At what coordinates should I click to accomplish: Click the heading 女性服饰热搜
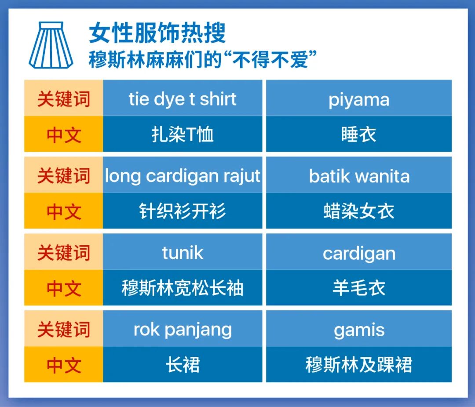[x=157, y=33]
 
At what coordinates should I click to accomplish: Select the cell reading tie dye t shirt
[x=183, y=99]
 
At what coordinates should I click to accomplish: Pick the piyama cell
[x=359, y=99]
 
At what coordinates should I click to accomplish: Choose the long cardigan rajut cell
[x=183, y=176]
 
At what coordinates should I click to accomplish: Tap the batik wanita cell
[x=359, y=176]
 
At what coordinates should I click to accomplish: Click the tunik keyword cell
[x=183, y=253]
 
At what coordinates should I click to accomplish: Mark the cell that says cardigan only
[x=359, y=253]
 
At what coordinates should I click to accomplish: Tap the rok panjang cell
[x=183, y=330]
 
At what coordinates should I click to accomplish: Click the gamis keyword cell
[x=359, y=330]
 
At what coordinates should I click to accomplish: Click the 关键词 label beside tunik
[x=63, y=253]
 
